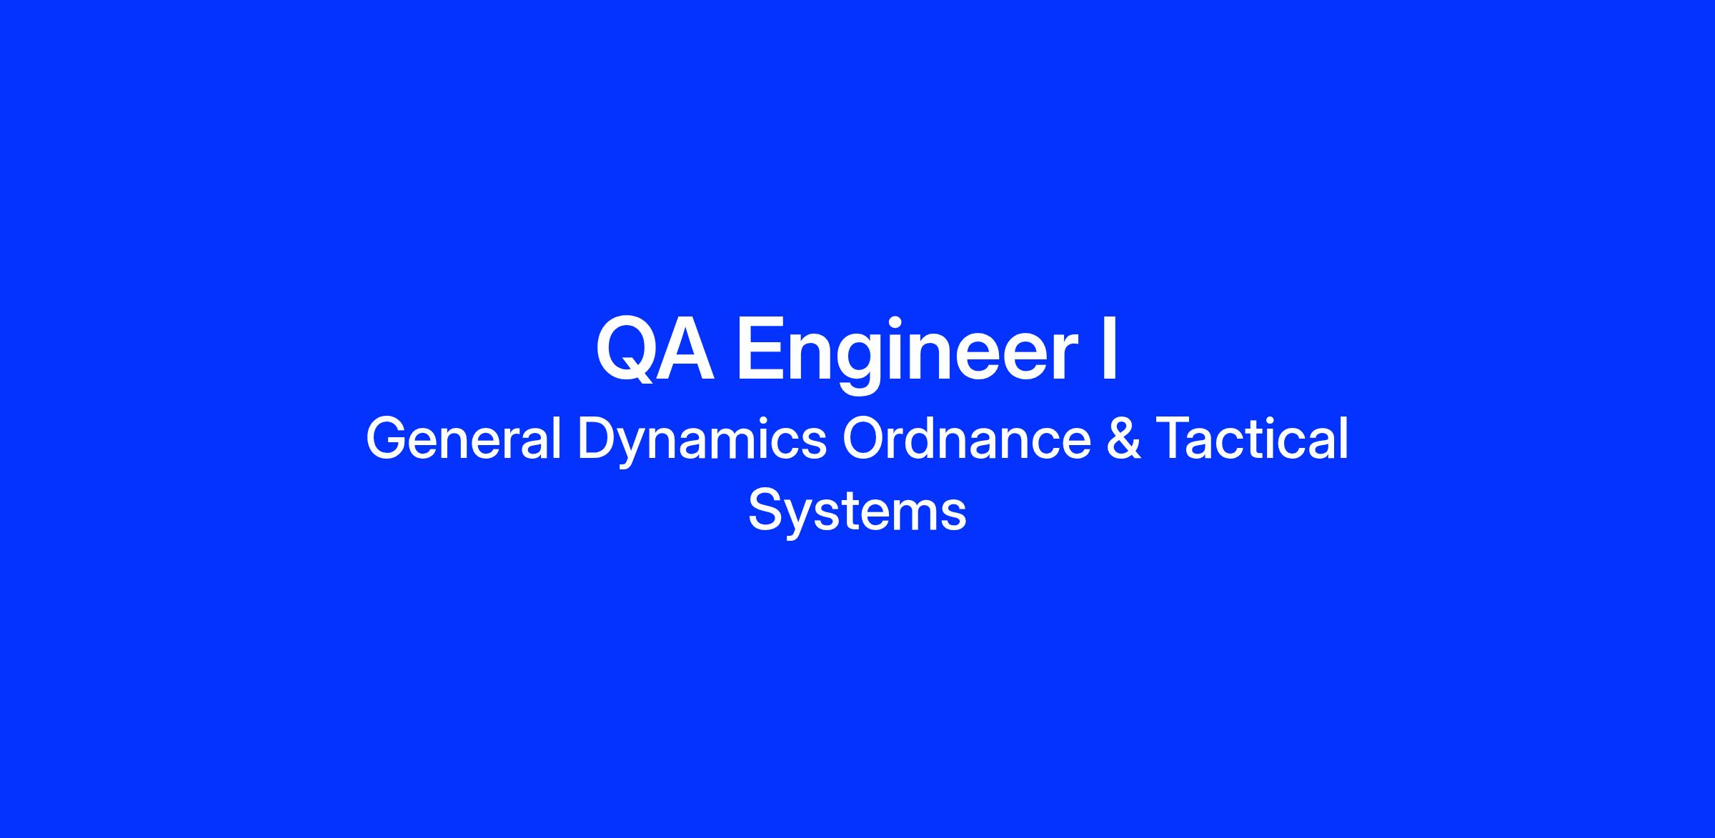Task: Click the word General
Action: point(464,439)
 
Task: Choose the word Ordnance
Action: point(967,439)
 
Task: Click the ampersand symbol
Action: point(1124,439)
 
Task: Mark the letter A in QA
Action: point(685,349)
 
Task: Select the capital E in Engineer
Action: point(759,349)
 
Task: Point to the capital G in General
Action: point(387,439)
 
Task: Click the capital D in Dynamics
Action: point(597,439)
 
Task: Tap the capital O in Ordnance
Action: point(865,439)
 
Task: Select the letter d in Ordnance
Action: point(930,439)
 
